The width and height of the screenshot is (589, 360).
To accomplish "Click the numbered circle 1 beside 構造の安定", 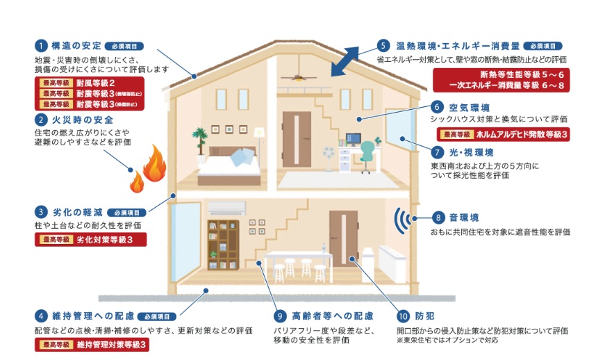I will pos(42,44).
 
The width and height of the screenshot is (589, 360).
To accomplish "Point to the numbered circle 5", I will pos(383,44).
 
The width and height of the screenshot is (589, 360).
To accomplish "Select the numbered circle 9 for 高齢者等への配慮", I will pos(280,315).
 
